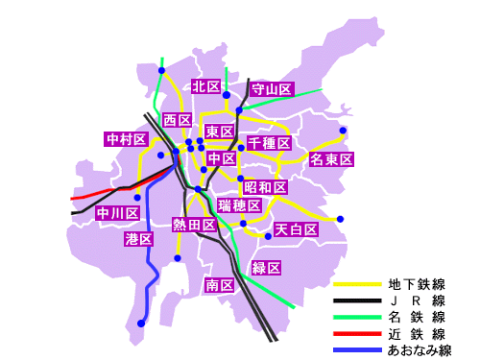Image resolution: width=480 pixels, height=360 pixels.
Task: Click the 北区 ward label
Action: pyautogui.click(x=204, y=86)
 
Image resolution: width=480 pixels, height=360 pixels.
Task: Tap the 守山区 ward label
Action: pyautogui.click(x=271, y=89)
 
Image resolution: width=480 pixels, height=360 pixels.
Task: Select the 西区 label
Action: pyautogui.click(x=177, y=120)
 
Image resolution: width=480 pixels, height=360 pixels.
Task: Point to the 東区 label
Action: pyautogui.click(x=220, y=132)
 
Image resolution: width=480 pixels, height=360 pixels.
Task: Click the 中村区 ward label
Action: pyautogui.click(x=126, y=139)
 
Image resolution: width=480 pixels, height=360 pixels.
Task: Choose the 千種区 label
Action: pyautogui.click(x=269, y=143)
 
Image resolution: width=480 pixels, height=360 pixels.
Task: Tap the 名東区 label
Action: pyautogui.click(x=332, y=159)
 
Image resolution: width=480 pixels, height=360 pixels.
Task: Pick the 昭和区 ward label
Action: pyautogui.click(x=265, y=186)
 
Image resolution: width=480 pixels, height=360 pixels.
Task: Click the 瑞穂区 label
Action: pyautogui.click(x=239, y=205)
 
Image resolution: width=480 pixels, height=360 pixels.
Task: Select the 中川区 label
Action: pyautogui.click(x=118, y=213)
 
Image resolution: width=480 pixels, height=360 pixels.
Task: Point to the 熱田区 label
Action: pyautogui.click(x=193, y=225)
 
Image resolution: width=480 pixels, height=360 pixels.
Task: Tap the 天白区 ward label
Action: pyautogui.click(x=296, y=229)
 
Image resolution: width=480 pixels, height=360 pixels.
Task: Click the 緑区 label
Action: pyautogui.click(x=265, y=267)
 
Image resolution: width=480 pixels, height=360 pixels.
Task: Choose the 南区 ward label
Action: pyautogui.click(x=220, y=285)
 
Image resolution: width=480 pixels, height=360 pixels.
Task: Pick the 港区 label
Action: pyautogui.click(x=138, y=239)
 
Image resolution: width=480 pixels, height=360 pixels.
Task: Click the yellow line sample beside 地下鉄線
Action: pyautogui.click(x=357, y=285)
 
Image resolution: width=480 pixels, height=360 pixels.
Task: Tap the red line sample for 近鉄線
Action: pyautogui.click(x=357, y=334)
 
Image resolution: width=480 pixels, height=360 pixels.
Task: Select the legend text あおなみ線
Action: pyautogui.click(x=419, y=350)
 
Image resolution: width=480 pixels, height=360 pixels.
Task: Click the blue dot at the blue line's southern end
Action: pyautogui.click(x=141, y=324)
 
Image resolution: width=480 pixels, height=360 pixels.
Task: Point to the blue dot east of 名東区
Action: pyautogui.click(x=343, y=131)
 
